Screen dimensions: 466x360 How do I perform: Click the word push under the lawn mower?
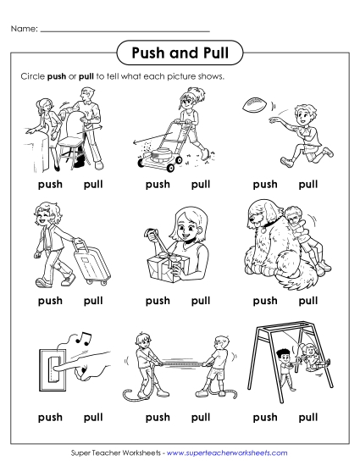(158, 184)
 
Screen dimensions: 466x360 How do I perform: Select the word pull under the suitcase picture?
(93, 300)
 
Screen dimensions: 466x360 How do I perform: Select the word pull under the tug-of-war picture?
(201, 417)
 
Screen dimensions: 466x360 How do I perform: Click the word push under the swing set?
(265, 417)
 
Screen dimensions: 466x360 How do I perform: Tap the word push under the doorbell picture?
(50, 417)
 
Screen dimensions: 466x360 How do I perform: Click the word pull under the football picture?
(308, 184)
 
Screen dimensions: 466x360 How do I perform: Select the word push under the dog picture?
(265, 300)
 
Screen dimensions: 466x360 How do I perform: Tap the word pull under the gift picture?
(201, 300)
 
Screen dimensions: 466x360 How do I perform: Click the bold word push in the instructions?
(57, 76)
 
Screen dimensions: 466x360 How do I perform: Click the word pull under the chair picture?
(93, 184)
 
